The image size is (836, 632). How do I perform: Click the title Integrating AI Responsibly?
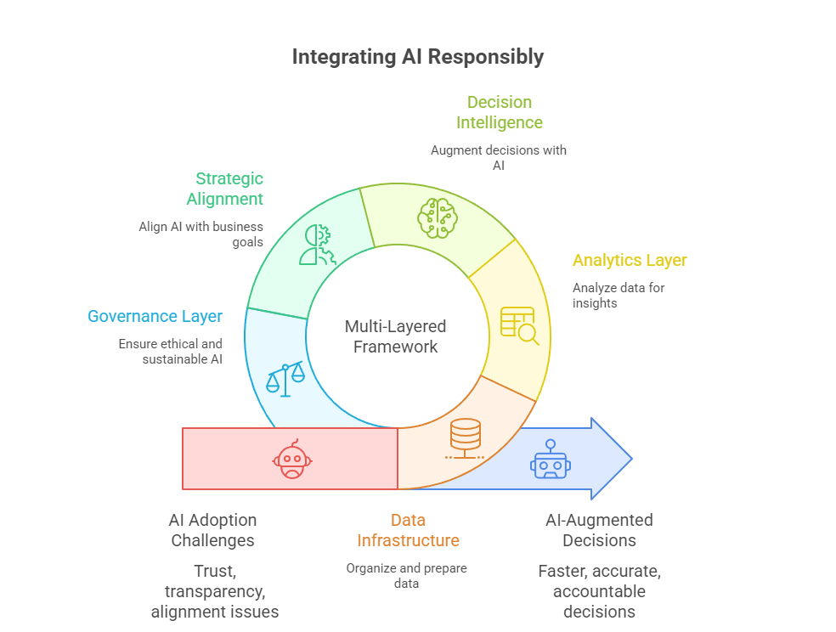417,57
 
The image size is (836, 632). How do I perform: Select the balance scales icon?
285,378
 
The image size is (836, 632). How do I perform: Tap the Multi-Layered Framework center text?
395,336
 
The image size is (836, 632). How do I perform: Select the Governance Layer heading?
155,317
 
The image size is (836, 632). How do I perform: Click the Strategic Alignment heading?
226,189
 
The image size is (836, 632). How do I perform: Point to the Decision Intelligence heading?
499,112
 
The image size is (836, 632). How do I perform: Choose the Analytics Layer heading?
630,261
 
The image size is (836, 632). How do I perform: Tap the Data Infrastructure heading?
408,530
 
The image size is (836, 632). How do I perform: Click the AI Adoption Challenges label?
212,530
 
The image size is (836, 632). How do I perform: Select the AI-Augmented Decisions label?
599,530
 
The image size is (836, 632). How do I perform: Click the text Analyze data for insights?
618,295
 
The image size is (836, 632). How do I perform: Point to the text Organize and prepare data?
406,576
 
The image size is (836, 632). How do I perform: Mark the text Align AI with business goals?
201,234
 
